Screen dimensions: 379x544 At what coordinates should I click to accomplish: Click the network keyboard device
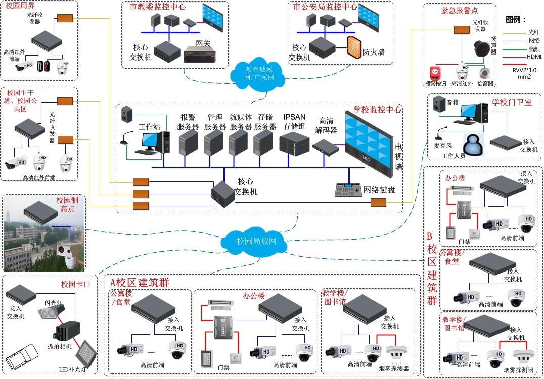pos(348,188)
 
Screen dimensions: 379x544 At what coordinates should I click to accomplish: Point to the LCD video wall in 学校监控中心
pos(370,142)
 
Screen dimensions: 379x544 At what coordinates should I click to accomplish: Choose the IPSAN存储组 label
pos(294,121)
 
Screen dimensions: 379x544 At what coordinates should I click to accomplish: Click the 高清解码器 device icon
pos(325,146)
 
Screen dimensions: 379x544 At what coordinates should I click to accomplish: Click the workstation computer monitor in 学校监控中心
pos(152,142)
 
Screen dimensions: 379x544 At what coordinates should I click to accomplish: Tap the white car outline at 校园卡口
pos(24,356)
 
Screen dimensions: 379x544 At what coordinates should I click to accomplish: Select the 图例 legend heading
pos(516,20)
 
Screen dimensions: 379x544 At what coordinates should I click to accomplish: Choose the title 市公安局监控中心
pos(325,7)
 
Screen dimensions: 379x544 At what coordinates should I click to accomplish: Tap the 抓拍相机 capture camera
pos(65,331)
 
